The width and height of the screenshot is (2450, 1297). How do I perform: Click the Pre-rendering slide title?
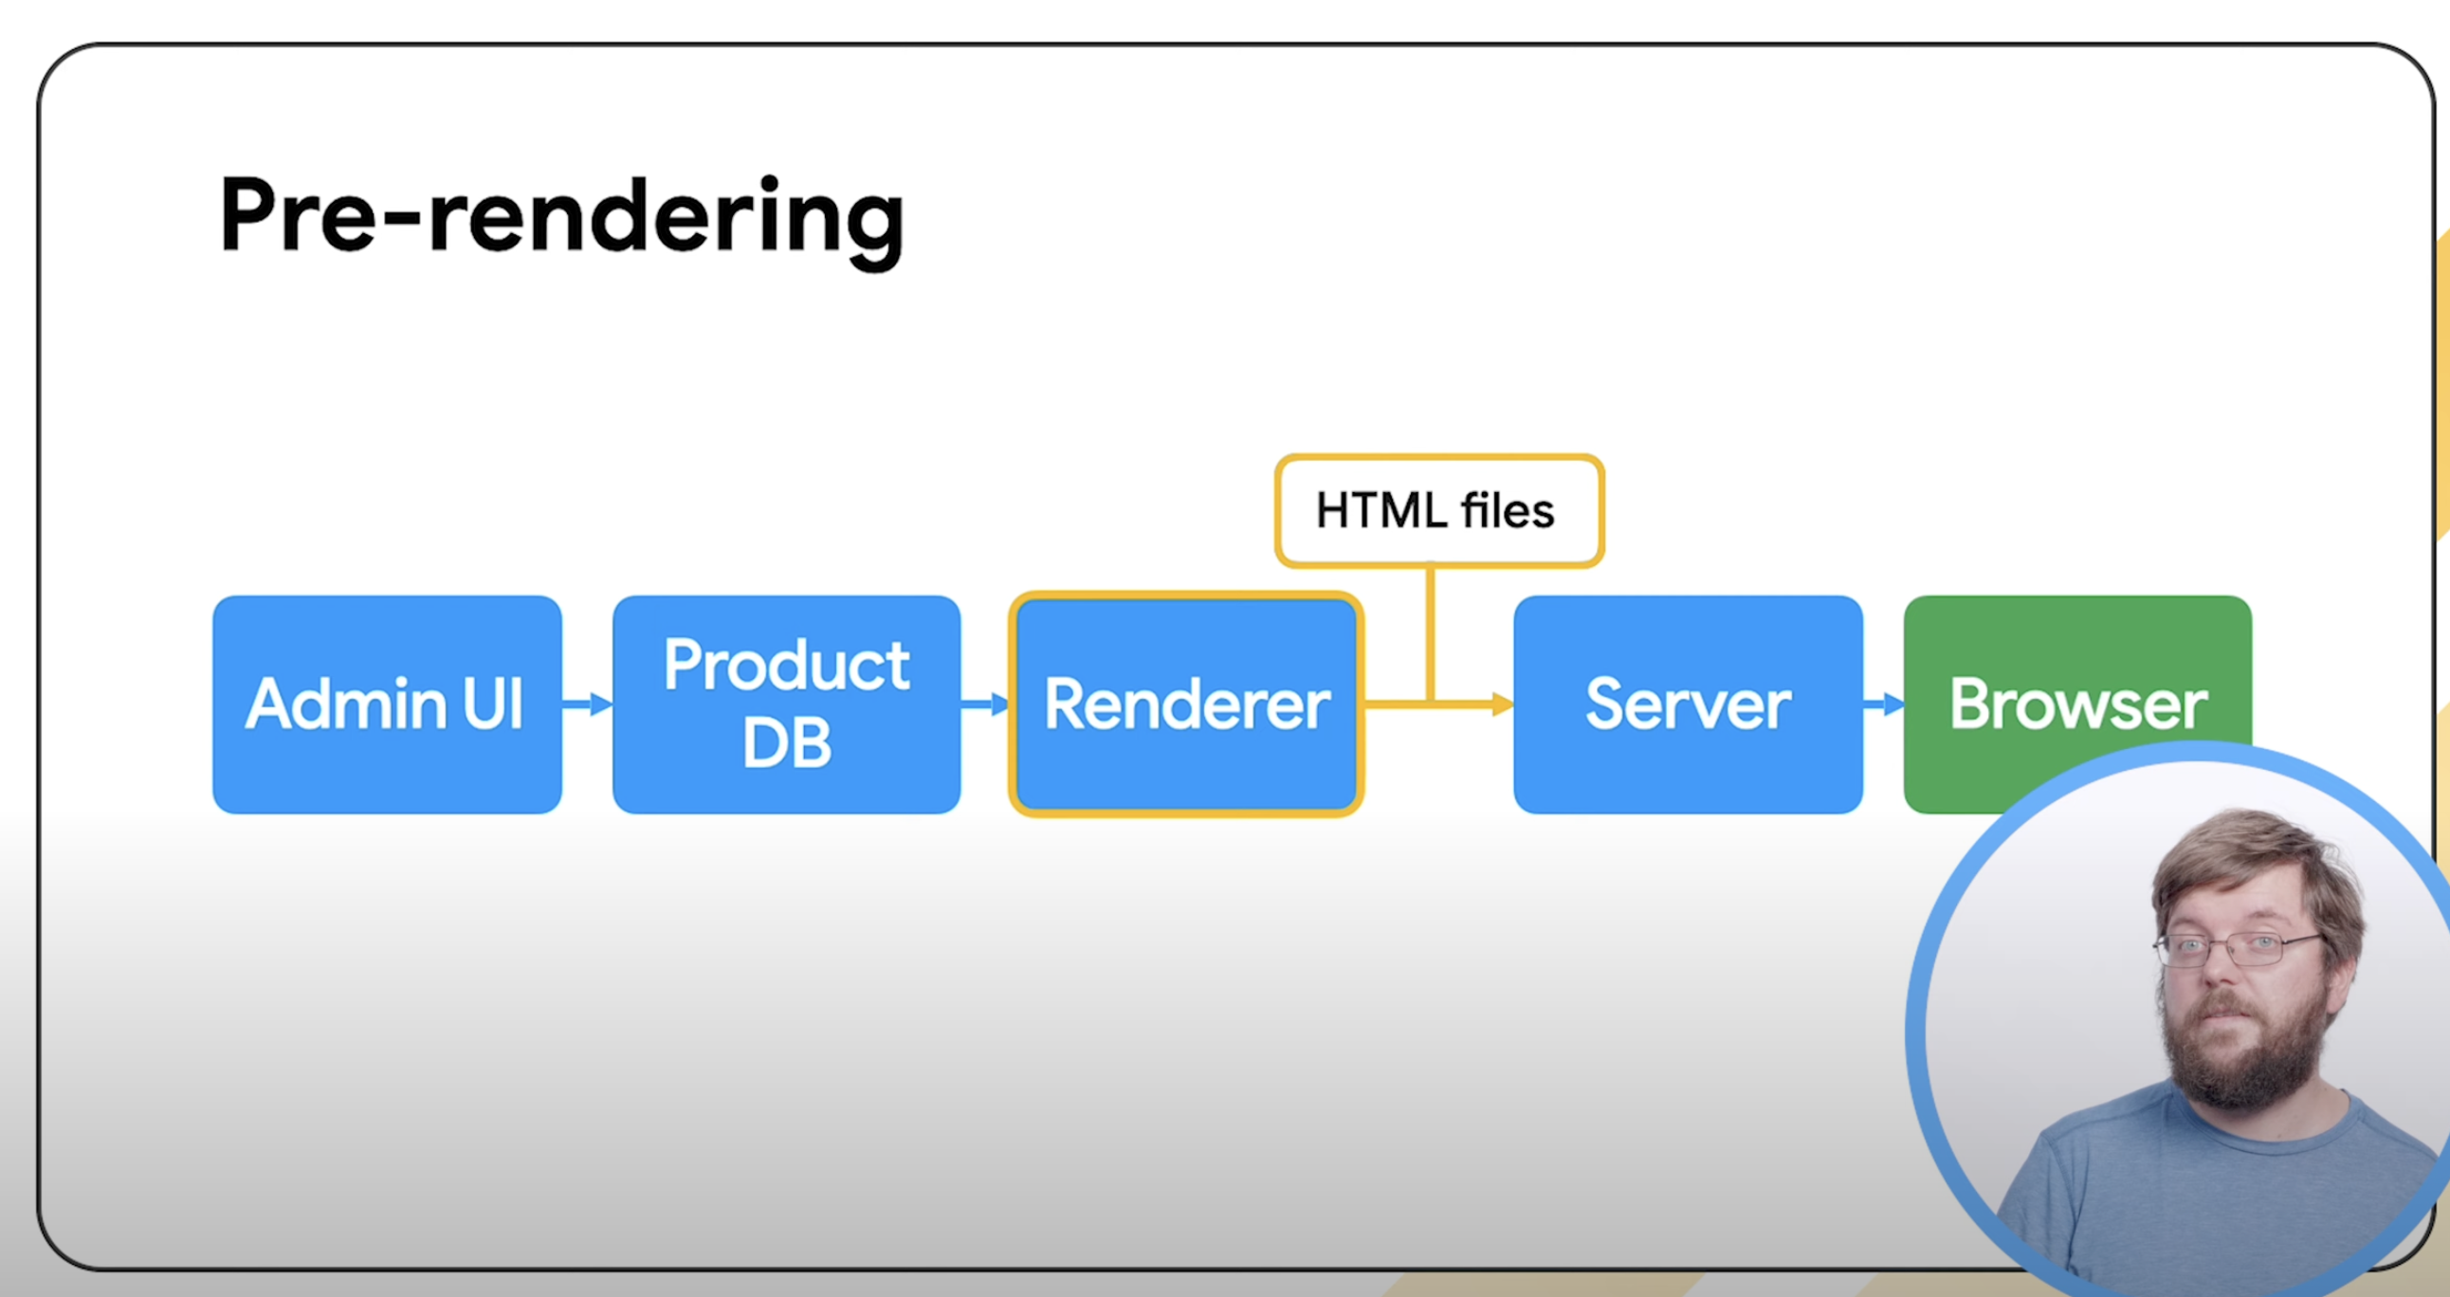pyautogui.click(x=561, y=221)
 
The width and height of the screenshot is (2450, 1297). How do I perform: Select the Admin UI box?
pyautogui.click(x=387, y=704)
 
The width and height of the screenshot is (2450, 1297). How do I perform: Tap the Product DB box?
pyautogui.click(x=787, y=704)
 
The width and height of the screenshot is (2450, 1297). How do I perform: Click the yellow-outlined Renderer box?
pyautogui.click(x=1186, y=704)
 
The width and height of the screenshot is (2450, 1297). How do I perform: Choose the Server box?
pyautogui.click(x=1689, y=704)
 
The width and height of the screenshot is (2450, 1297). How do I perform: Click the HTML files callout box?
pyautogui.click(x=1439, y=511)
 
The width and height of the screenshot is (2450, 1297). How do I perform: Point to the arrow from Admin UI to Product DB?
pyautogui.click(x=588, y=704)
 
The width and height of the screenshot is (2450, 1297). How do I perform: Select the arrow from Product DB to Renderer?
pyautogui.click(x=985, y=704)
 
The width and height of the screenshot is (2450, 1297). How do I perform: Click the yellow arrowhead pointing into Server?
pyautogui.click(x=1503, y=704)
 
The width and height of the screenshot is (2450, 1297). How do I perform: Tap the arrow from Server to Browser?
pyautogui.click(x=1884, y=704)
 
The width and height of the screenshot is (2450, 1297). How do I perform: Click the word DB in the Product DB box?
pyautogui.click(x=787, y=742)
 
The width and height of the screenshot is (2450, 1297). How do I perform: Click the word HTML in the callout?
pyautogui.click(x=1382, y=511)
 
